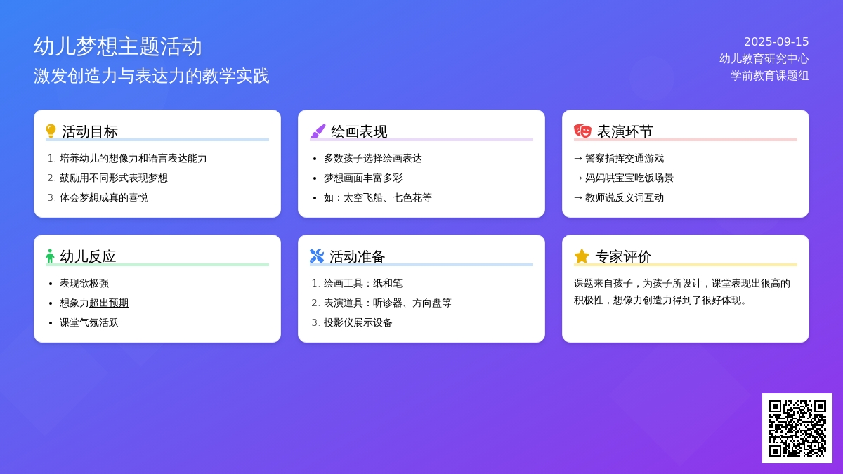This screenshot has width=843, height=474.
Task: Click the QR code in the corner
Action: pyautogui.click(x=797, y=428)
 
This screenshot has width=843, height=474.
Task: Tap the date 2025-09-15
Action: pyautogui.click(x=776, y=41)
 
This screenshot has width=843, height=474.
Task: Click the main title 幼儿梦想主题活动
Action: pyautogui.click(x=118, y=46)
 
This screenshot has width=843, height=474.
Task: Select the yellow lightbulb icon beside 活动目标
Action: pyautogui.click(x=51, y=131)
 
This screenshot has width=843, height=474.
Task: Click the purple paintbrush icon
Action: pyautogui.click(x=318, y=131)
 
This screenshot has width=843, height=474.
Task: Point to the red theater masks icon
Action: pyautogui.click(x=582, y=131)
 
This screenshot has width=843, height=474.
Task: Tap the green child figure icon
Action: pyautogui.click(x=50, y=256)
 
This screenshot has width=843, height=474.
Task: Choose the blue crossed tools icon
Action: pyautogui.click(x=317, y=256)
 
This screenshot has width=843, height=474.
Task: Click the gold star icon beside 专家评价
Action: pyautogui.click(x=582, y=256)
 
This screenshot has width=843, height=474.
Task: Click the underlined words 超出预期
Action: pyautogui.click(x=109, y=303)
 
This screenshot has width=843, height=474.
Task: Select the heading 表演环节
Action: pyautogui.click(x=625, y=132)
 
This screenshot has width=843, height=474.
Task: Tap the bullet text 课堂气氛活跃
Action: pyautogui.click(x=89, y=322)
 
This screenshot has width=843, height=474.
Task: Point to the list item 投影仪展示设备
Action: pyautogui.click(x=358, y=322)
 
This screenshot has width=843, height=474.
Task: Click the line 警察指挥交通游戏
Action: pyautogui.click(x=625, y=158)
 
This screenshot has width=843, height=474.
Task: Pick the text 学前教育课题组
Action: pyautogui.click(x=770, y=76)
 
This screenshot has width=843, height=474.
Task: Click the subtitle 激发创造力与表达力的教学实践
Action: pyautogui.click(x=151, y=76)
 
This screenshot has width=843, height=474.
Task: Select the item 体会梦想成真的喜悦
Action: pyautogui.click(x=103, y=197)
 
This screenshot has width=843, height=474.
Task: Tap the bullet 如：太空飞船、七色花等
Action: pyautogui.click(x=377, y=197)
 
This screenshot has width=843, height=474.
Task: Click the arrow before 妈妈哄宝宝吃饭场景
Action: pyautogui.click(x=578, y=178)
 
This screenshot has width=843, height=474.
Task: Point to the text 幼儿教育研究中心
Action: pyautogui.click(x=764, y=59)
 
